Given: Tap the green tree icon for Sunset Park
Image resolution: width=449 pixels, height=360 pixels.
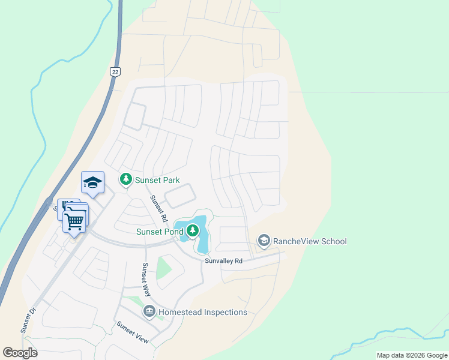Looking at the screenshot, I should (x=125, y=178).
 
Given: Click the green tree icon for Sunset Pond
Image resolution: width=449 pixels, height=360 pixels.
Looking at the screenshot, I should (x=192, y=230).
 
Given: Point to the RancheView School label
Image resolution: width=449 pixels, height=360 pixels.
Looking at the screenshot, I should (x=310, y=241).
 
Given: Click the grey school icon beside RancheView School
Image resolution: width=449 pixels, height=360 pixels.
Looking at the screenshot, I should (x=263, y=241).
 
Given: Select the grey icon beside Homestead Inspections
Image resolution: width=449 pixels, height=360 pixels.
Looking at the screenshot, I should (x=149, y=312).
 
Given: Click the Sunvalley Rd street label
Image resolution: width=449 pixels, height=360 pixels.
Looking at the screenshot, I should (x=223, y=261).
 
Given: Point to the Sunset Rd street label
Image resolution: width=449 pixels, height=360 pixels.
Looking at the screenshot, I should (x=158, y=208).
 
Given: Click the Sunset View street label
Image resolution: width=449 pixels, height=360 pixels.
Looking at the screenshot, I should (x=132, y=332).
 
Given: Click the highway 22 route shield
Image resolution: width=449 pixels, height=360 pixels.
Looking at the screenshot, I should (x=115, y=71).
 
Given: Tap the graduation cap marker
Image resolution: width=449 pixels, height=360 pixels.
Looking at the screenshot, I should (x=92, y=182).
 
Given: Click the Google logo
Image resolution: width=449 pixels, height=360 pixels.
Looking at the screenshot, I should (x=20, y=352).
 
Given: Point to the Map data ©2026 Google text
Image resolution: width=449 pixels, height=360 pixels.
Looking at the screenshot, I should (x=412, y=355).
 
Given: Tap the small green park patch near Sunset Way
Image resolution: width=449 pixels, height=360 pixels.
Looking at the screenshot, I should (x=163, y=266).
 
